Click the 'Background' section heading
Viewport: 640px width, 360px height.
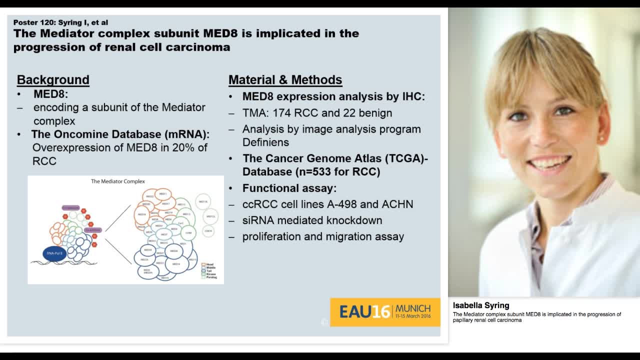[x=53, y=80]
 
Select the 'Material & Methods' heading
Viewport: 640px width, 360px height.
[x=285, y=80]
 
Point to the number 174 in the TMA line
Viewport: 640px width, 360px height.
[x=282, y=113]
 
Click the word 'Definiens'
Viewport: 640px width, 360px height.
[x=265, y=142]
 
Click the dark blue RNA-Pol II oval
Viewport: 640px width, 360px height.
[x=54, y=253]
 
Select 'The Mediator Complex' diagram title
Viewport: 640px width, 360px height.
[x=117, y=181]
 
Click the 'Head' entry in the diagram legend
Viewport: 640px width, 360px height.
[x=209, y=264]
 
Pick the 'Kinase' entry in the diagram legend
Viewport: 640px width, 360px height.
[x=211, y=273]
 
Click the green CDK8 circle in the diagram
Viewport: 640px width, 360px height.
[x=188, y=232]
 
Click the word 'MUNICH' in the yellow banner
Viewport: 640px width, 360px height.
[x=413, y=308]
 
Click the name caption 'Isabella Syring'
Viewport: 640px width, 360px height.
[x=481, y=305]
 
